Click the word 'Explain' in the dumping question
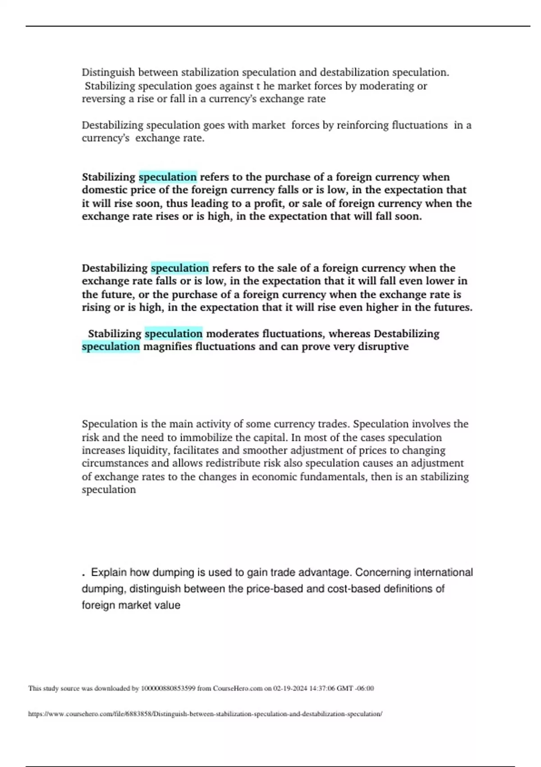click(x=109, y=573)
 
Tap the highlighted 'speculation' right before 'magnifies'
click(x=111, y=347)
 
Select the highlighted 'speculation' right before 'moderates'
click(x=174, y=334)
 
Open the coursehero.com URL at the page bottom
click(x=205, y=714)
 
